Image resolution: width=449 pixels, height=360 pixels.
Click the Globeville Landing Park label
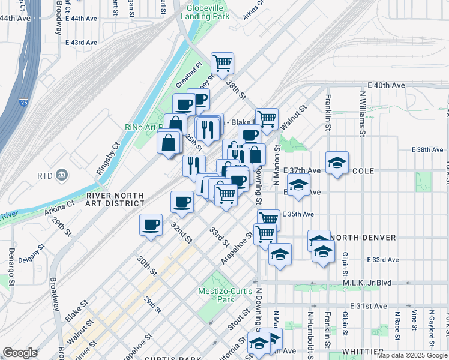pyautogui.click(x=208, y=12)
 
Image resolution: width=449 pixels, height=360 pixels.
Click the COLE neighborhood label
pyautogui.click(x=363, y=171)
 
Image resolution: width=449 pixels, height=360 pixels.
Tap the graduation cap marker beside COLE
pyautogui.click(x=337, y=162)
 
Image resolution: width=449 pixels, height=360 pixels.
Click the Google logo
pyautogui.click(x=20, y=353)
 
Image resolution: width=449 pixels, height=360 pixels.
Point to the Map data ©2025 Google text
pyautogui.click(x=412, y=355)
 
